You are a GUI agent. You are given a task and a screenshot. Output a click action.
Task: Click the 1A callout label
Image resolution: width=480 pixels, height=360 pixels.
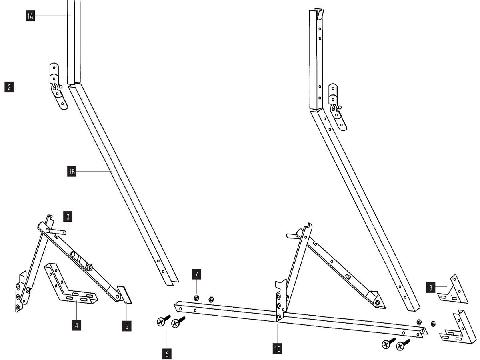(x=30, y=16)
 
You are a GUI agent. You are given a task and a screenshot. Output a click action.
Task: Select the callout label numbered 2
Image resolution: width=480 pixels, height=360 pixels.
(x=9, y=87)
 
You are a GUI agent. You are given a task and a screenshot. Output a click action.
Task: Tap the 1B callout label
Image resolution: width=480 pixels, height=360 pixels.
(x=72, y=172)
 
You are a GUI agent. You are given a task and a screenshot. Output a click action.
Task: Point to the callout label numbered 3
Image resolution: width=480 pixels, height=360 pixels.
(x=68, y=217)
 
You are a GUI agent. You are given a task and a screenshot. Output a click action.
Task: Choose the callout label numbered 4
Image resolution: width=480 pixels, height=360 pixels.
(x=76, y=326)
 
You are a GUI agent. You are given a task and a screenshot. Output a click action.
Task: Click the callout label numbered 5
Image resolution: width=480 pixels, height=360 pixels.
(x=127, y=326)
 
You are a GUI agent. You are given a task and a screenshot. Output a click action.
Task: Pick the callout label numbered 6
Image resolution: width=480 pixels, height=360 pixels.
(x=167, y=354)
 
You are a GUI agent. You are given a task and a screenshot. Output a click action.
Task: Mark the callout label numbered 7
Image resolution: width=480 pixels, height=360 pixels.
(x=196, y=274)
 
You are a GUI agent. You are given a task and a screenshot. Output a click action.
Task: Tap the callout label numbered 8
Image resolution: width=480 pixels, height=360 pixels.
(x=430, y=288)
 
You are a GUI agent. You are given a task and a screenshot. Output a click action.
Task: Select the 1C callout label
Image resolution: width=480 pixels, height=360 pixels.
(x=277, y=349)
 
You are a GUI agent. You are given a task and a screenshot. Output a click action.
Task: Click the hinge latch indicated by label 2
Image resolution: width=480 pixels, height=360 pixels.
(x=58, y=86)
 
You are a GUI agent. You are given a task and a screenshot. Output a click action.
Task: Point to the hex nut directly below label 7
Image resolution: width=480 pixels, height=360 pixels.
(x=196, y=298)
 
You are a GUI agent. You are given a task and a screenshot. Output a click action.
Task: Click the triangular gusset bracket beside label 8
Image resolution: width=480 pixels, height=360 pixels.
(x=453, y=289)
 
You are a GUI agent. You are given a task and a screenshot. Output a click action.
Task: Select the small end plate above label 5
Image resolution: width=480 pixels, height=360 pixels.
(x=124, y=294)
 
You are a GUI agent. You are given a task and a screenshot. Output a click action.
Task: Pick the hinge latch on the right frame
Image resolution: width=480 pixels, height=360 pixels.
(x=337, y=107)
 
